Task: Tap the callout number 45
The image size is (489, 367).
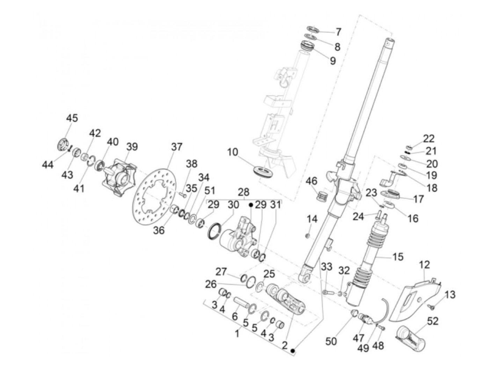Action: [x=72, y=118]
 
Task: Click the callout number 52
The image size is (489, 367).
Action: [x=432, y=321]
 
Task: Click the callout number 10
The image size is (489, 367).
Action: [x=233, y=152]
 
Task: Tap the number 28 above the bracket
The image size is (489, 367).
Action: [x=244, y=192]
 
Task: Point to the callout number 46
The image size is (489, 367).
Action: [x=312, y=181]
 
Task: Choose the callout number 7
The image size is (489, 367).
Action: [x=338, y=32]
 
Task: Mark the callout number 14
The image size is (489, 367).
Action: [x=312, y=219]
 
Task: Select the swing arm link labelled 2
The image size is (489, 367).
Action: [x=286, y=298]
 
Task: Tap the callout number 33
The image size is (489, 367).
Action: [x=326, y=267]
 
